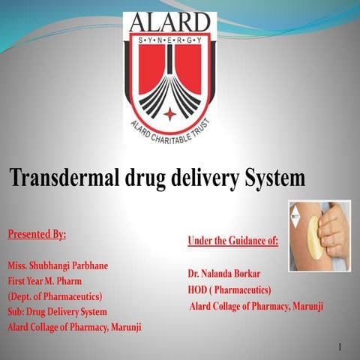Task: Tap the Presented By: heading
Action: point(37,234)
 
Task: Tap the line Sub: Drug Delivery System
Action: point(57,311)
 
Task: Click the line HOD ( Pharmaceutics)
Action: point(229,289)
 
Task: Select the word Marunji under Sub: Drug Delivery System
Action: point(121,327)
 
